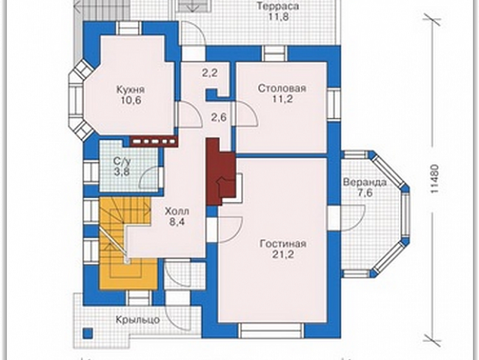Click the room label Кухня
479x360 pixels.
[131, 90]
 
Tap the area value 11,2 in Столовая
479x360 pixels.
[283, 99]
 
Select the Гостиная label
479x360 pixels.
[283, 244]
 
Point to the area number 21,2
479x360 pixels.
[283, 254]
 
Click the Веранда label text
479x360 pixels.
[365, 182]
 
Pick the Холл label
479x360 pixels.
[177, 211]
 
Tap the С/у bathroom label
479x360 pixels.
[122, 161]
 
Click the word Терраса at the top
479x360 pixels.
[278, 6]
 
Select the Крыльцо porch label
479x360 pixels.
[138, 320]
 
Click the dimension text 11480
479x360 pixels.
[435, 179]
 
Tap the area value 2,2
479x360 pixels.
[210, 73]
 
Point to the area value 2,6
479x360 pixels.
[219, 116]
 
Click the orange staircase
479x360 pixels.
[128, 244]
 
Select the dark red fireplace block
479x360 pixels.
[221, 171]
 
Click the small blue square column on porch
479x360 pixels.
[88, 333]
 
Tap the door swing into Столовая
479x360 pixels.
[247, 113]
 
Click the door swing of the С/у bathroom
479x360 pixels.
[150, 178]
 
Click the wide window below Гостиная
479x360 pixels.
[271, 331]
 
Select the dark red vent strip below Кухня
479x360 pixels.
[154, 141]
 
